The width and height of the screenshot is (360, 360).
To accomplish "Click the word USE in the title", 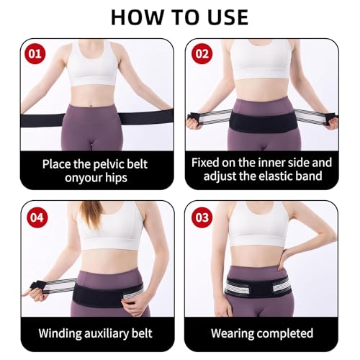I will click(222, 17).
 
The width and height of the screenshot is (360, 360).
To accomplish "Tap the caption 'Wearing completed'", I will click(261, 333).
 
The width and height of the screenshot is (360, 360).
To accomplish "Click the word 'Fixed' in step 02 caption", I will click(209, 163).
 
